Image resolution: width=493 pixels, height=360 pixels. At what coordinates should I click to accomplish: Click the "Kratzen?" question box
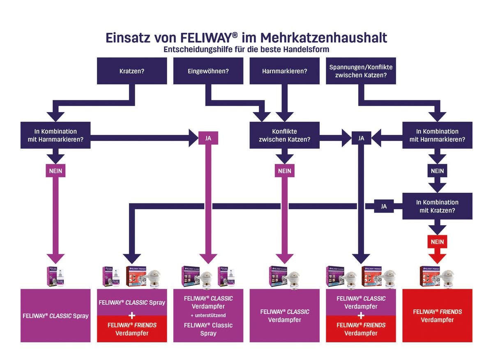(x=132, y=71)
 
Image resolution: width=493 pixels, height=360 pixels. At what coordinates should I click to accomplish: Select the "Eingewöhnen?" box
(x=208, y=71)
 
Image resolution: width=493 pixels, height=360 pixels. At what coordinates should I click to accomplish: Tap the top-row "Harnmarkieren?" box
(x=284, y=71)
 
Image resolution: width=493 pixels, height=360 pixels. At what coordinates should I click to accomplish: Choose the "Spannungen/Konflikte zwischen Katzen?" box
(x=361, y=71)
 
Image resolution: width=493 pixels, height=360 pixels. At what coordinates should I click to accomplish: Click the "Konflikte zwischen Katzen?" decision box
(x=284, y=135)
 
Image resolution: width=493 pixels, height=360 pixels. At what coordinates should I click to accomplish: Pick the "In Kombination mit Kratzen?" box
(x=437, y=206)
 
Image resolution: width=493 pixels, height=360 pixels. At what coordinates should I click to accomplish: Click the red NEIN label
(x=437, y=242)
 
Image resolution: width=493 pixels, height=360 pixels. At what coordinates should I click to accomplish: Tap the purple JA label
(x=208, y=138)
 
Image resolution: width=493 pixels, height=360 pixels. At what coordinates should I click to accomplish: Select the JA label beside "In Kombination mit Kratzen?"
(x=384, y=206)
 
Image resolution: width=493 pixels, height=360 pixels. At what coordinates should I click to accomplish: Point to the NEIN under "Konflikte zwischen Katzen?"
(x=284, y=171)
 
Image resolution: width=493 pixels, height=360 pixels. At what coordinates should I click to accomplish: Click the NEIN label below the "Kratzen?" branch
(x=55, y=171)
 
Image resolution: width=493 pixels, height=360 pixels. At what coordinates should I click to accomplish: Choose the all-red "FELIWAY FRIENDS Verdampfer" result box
(x=437, y=316)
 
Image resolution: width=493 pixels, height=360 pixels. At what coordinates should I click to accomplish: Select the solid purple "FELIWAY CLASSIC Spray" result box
(x=55, y=316)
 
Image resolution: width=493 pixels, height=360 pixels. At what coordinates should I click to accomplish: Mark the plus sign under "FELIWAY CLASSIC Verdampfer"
(x=361, y=316)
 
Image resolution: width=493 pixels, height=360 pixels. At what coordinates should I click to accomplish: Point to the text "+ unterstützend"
(x=208, y=315)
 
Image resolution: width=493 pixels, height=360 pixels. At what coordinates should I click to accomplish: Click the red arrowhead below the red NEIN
(x=437, y=258)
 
